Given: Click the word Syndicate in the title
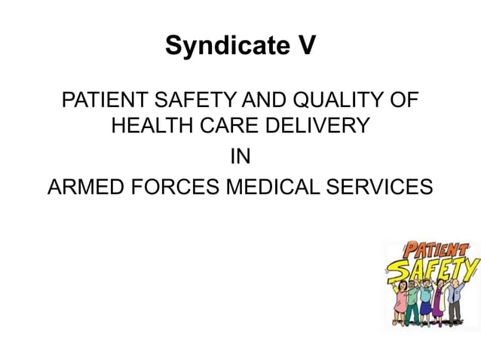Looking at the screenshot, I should [222, 47].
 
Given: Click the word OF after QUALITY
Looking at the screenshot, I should [402, 100].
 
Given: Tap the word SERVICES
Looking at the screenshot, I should [381, 186].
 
